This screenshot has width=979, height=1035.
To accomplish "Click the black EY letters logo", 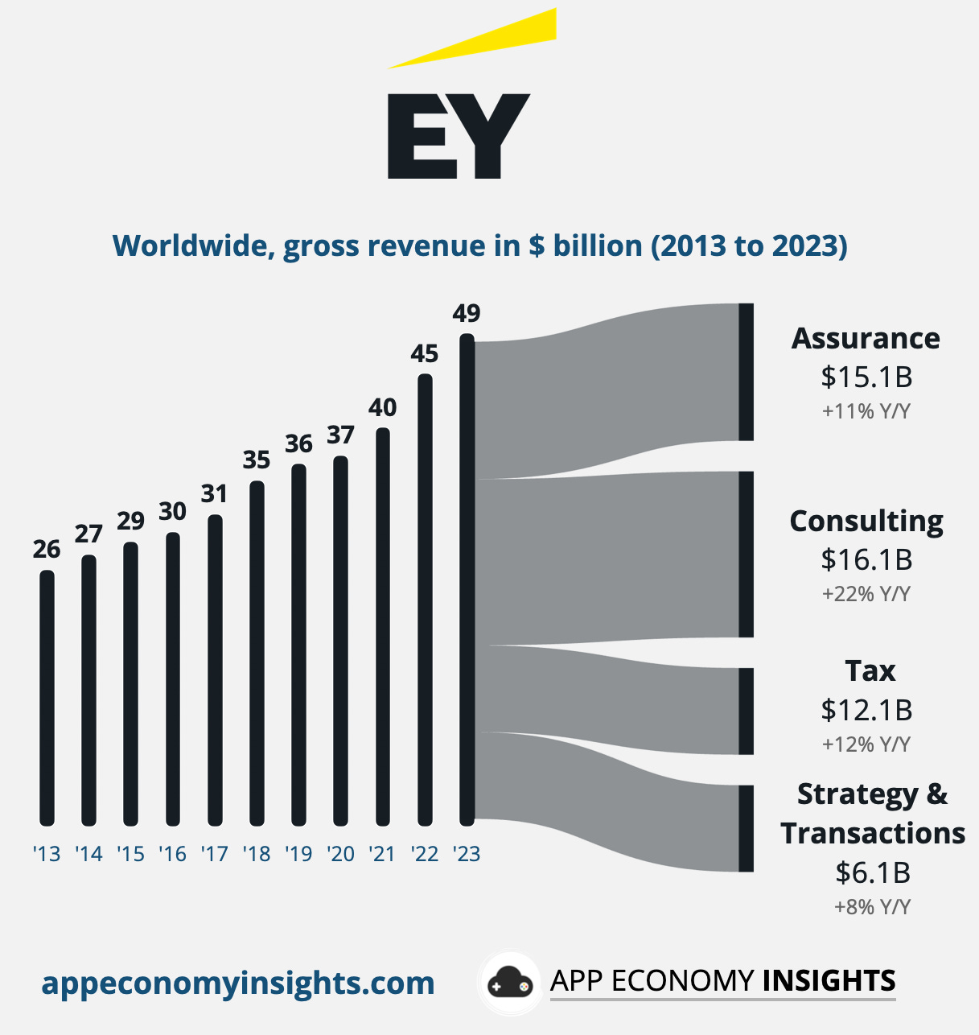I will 458,136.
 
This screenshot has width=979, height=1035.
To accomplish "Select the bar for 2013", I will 47,697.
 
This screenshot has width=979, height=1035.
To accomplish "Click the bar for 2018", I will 257,653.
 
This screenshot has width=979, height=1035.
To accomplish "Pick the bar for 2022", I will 425,599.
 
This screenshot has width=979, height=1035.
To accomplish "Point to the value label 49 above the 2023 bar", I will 467,313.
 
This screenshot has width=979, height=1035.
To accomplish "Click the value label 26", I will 47,549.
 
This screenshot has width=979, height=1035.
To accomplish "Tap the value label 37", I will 340,435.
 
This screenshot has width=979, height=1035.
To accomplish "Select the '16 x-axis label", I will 172,854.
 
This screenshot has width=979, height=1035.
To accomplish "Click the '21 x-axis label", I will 382,854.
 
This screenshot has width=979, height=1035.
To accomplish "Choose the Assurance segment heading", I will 866,338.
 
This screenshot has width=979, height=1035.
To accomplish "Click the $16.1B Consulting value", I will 866,559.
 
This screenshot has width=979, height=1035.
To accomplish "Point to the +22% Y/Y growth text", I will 866,594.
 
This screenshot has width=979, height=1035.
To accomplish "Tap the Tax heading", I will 870,670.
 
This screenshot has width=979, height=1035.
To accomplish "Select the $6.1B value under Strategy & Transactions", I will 872,872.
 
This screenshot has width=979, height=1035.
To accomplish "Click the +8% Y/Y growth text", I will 872,907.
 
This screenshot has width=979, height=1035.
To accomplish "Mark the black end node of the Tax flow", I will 746,711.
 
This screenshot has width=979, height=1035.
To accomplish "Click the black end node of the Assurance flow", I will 746,372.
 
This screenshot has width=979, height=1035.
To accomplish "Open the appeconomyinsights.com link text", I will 238,983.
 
